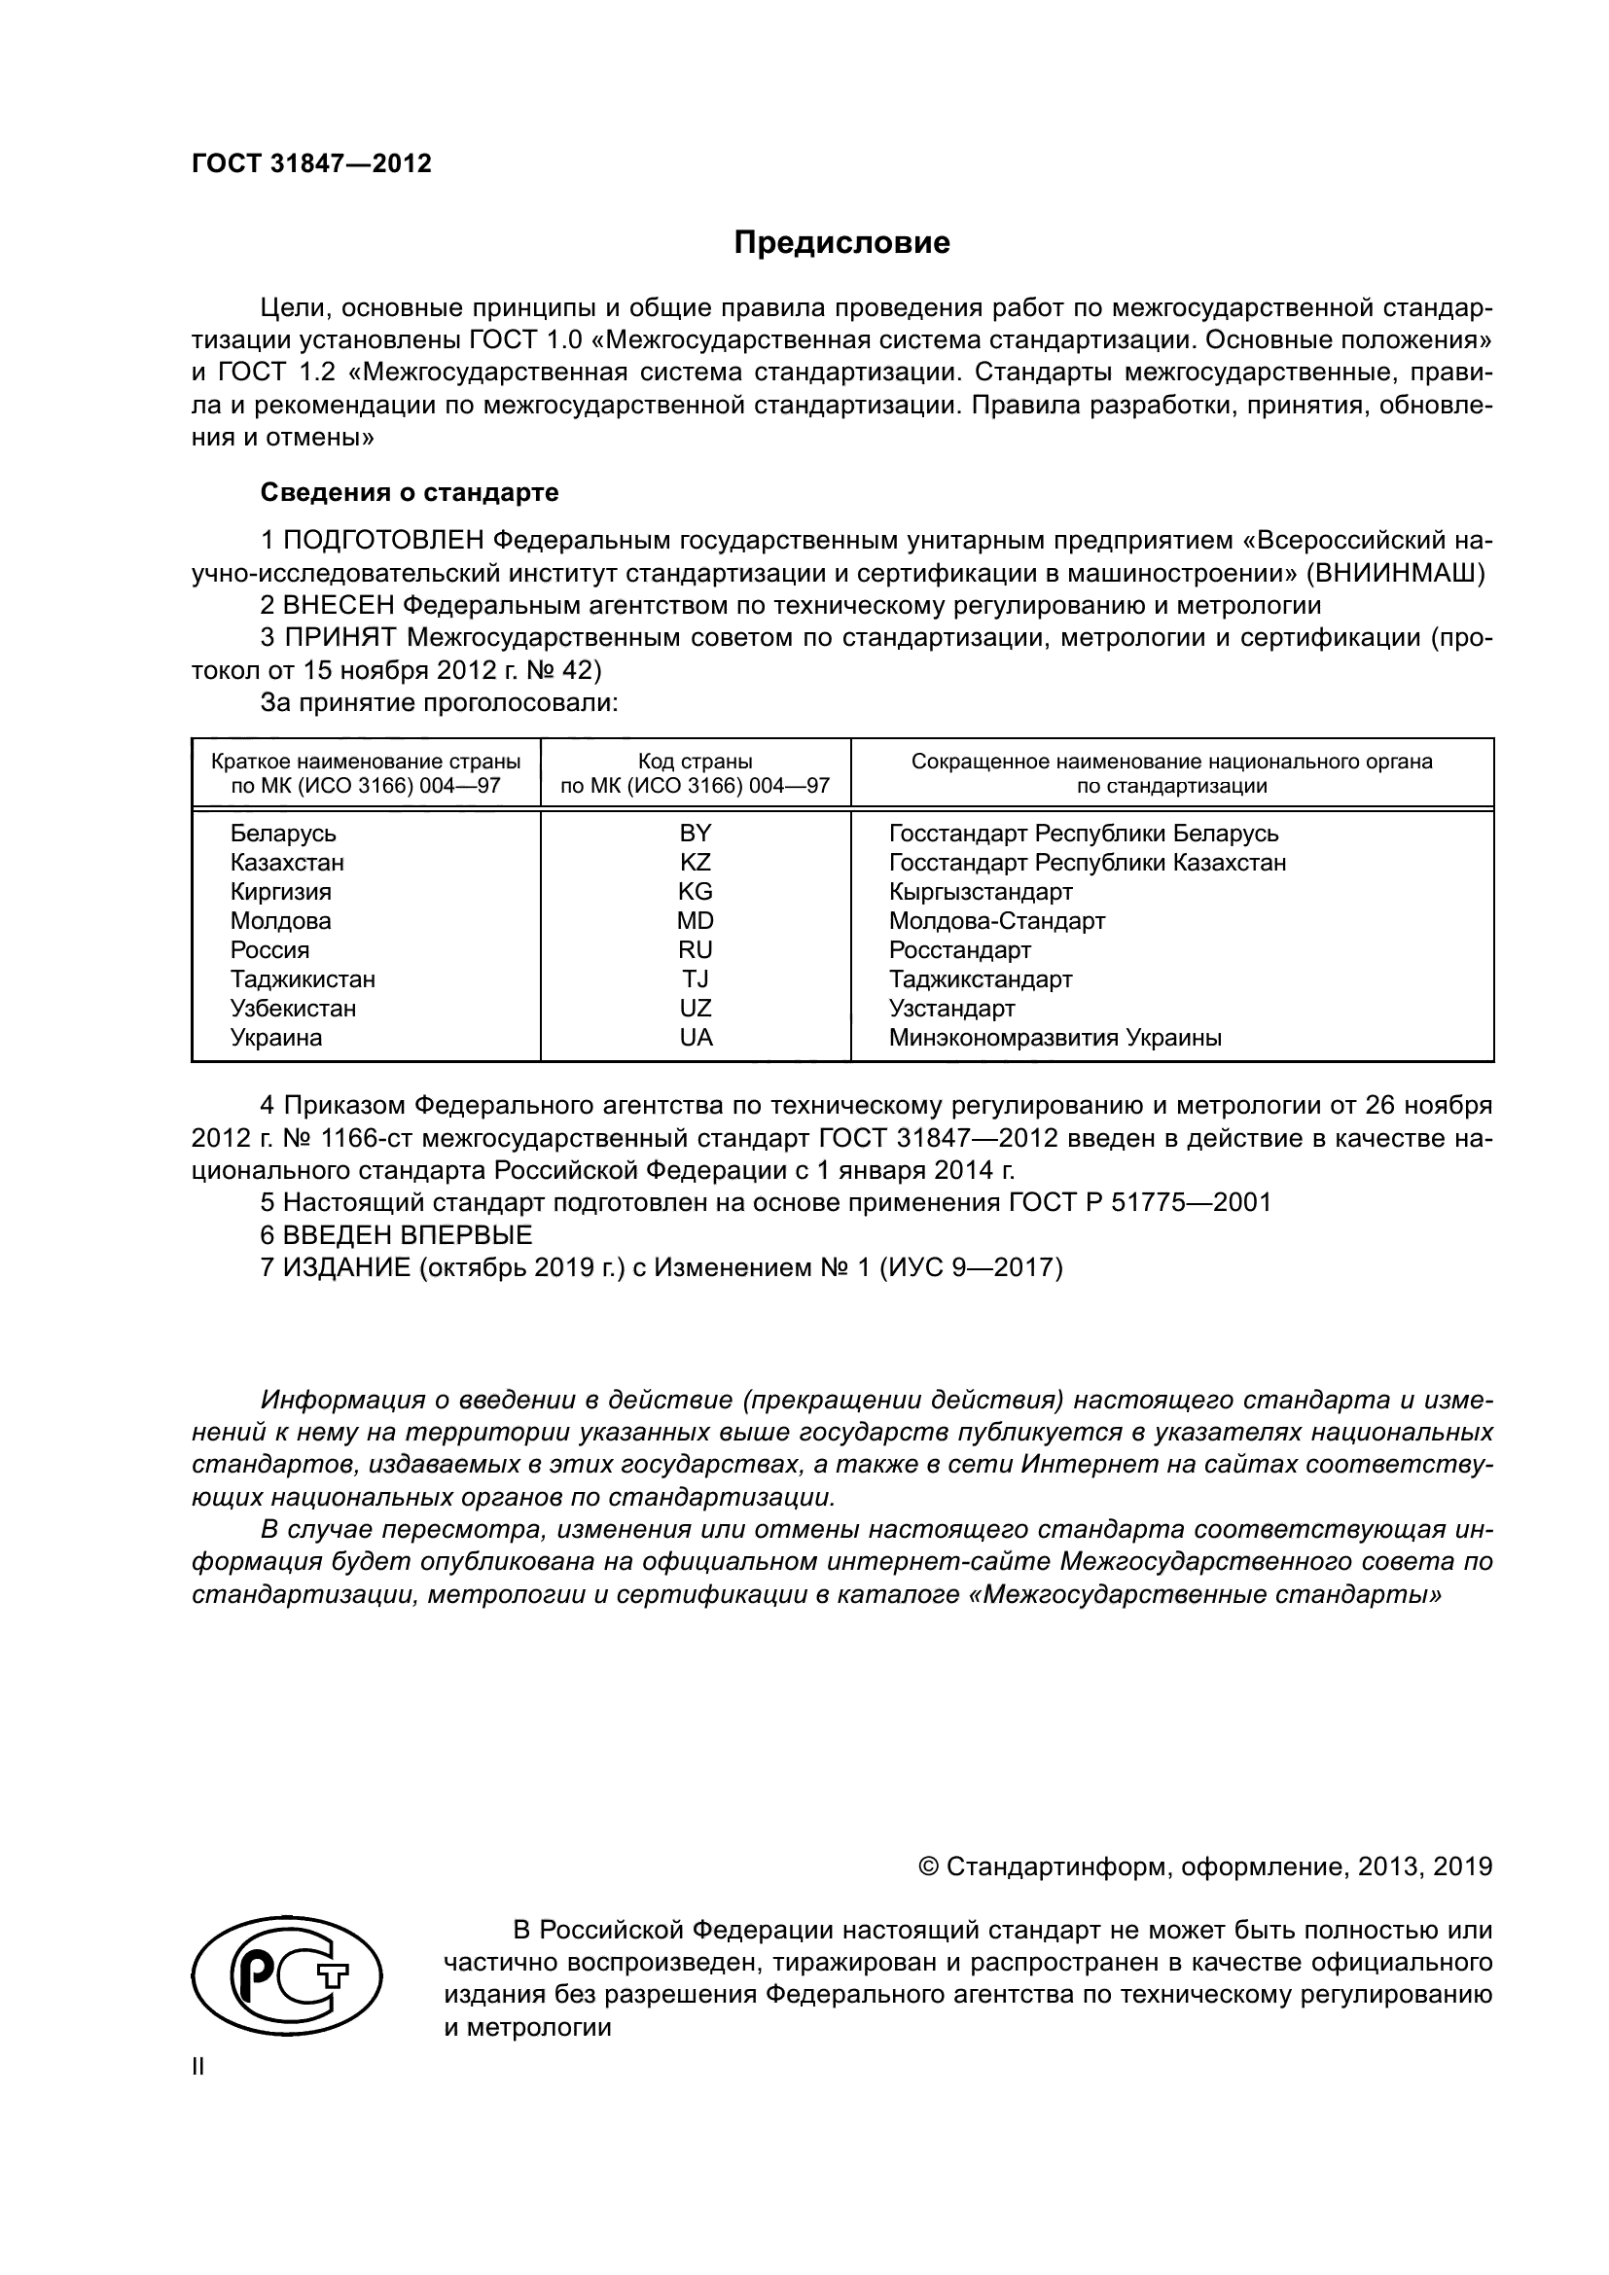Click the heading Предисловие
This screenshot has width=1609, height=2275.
841,243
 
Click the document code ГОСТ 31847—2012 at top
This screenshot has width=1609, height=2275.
311,164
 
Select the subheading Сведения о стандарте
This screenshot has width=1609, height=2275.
409,492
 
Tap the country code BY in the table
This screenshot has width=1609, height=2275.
695,834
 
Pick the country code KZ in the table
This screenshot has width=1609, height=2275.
695,862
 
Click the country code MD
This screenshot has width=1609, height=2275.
695,920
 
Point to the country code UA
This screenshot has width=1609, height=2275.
696,1038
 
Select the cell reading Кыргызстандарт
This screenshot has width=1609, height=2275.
980,892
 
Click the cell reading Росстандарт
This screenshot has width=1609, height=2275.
959,950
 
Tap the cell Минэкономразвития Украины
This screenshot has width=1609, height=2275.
1055,1038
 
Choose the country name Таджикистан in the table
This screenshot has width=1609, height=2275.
303,979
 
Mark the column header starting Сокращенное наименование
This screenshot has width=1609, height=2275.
1171,774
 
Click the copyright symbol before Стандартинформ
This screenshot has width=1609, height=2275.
928,1867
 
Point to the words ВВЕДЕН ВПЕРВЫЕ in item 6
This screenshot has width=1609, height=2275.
408,1234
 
